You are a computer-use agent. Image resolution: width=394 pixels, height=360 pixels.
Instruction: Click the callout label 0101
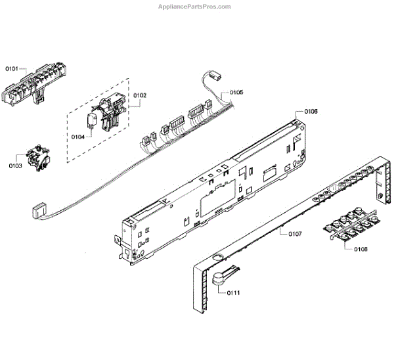click(x=13, y=68)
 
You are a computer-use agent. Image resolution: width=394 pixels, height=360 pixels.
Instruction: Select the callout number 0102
click(x=140, y=96)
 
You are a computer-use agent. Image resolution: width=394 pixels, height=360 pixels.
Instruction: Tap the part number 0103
click(x=15, y=166)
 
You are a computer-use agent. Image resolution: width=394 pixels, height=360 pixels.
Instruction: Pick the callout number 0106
click(x=311, y=112)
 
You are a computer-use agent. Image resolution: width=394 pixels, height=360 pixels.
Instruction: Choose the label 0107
click(x=294, y=233)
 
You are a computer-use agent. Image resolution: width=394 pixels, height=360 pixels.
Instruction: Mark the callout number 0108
click(x=361, y=249)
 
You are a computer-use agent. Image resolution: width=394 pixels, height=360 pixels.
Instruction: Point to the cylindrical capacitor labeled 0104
click(x=93, y=119)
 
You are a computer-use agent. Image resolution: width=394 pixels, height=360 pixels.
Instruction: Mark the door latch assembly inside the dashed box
click(x=108, y=110)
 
